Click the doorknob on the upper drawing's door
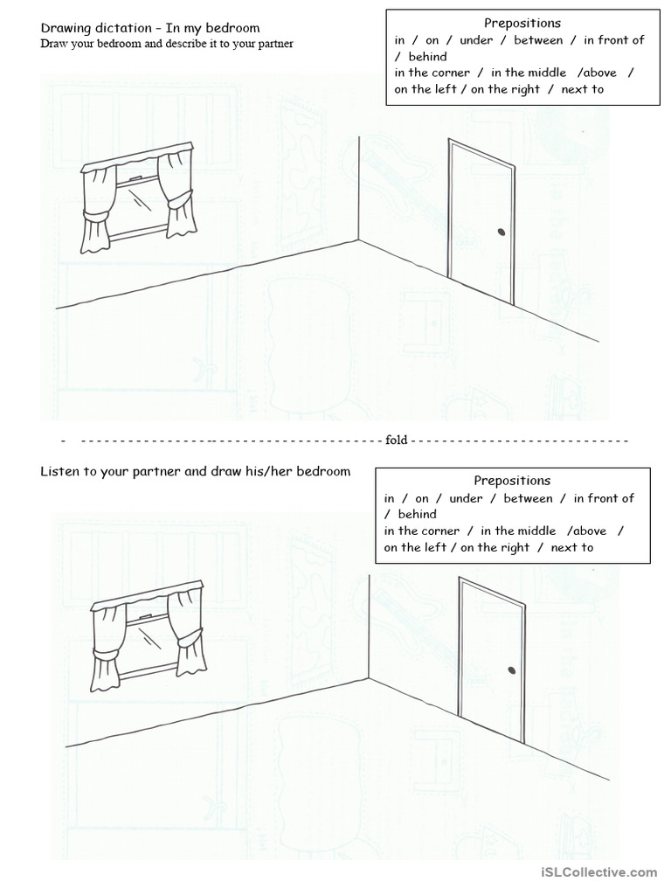tap(502, 232)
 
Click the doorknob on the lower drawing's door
tap(511, 670)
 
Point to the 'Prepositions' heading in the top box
tap(522, 24)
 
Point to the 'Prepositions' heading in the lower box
tap(512, 480)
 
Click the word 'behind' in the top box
tap(427, 57)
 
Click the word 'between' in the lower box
tap(528, 498)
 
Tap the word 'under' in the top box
tap(475, 40)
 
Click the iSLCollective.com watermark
tap(598, 872)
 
